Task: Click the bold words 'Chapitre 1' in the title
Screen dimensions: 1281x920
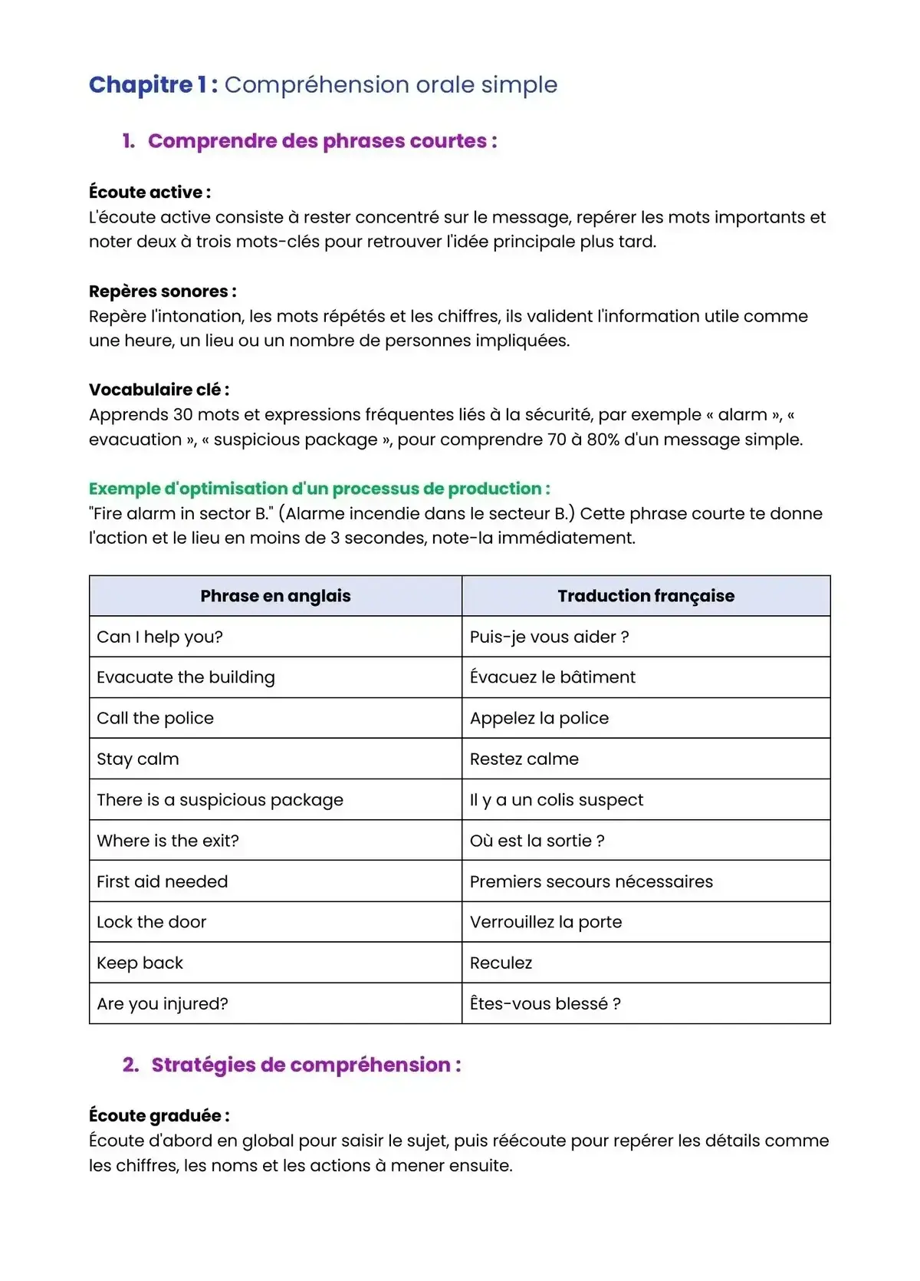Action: pos(146,84)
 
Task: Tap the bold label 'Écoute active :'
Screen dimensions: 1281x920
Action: pos(149,193)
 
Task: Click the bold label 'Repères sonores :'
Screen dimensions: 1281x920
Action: pos(163,291)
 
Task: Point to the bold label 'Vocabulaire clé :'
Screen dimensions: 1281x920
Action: pos(159,390)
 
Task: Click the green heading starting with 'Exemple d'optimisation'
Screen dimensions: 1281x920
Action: pos(319,489)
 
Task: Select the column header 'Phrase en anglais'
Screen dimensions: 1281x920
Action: pos(275,596)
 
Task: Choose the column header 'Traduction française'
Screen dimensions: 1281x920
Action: pos(646,596)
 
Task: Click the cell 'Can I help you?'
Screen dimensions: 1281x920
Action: pos(159,637)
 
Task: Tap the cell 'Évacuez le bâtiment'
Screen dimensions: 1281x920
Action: pos(552,677)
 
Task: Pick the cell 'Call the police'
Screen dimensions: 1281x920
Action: pos(155,718)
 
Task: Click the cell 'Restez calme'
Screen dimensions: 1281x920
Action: pos(524,759)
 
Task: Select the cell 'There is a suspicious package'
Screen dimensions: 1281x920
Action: pos(220,800)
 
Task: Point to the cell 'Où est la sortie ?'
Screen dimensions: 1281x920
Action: pos(537,841)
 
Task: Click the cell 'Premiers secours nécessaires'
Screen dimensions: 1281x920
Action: pos(591,881)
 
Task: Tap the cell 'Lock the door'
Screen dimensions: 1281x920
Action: pos(151,922)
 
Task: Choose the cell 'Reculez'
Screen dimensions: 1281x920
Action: pos(501,963)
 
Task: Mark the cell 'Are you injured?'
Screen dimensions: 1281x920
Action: pos(162,1003)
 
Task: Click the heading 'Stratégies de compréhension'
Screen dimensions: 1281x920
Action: pos(305,1065)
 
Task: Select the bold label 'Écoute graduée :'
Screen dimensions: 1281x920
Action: pos(159,1116)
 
